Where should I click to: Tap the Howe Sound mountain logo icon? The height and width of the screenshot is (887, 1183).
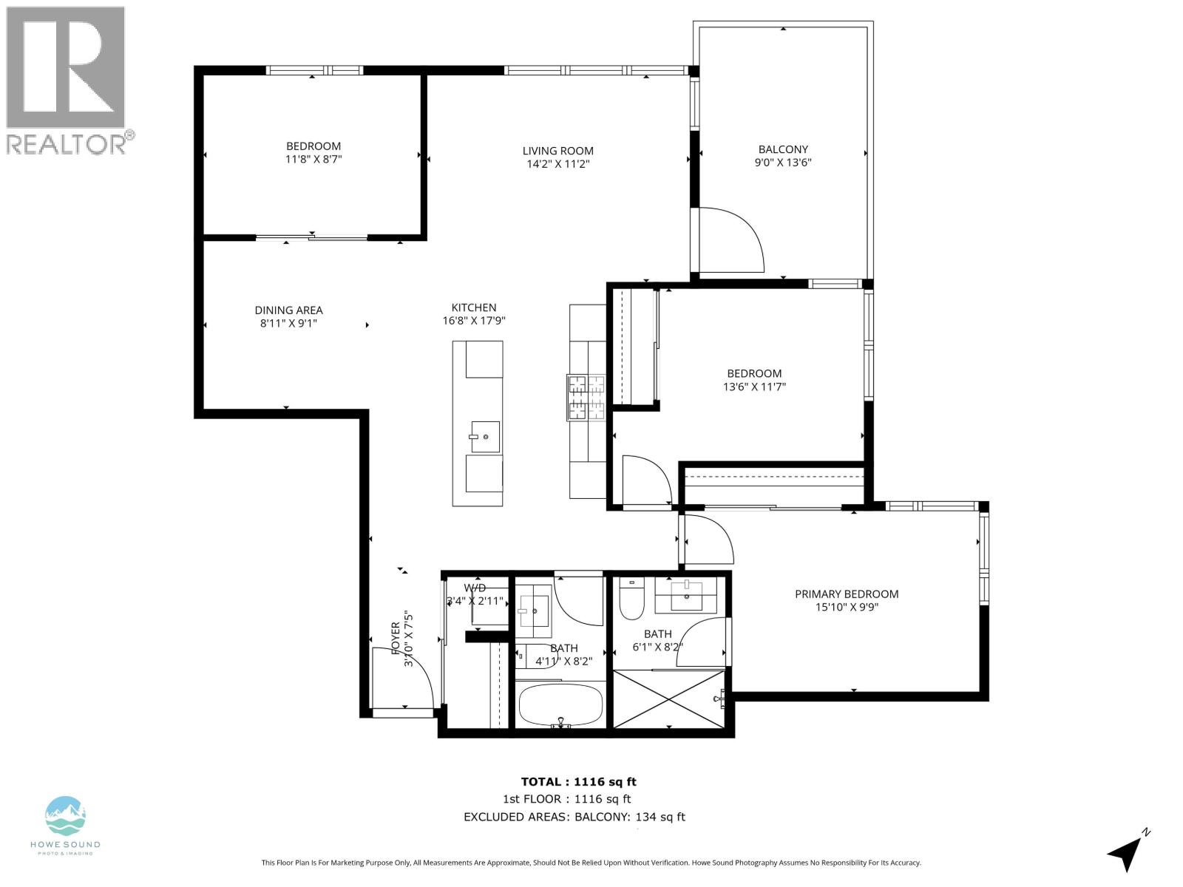(x=66, y=815)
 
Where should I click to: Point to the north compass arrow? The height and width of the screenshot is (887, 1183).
(x=1127, y=852)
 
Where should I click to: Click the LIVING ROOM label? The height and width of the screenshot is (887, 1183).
(x=557, y=151)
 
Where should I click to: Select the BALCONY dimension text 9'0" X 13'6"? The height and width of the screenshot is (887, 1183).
(x=783, y=163)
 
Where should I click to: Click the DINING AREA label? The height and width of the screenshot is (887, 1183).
(x=288, y=310)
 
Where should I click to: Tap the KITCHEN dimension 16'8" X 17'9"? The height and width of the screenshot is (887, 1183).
(x=474, y=321)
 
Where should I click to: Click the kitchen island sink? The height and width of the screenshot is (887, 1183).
(x=485, y=437)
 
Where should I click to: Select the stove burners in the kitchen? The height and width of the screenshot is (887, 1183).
(x=586, y=397)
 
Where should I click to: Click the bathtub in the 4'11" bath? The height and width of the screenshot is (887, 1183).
(x=560, y=705)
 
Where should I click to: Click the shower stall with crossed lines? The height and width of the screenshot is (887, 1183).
(x=669, y=699)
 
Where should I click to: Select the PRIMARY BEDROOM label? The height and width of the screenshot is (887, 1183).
(x=847, y=594)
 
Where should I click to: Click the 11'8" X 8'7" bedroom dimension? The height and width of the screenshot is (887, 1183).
(x=313, y=159)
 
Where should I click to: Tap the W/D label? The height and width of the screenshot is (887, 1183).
(x=475, y=588)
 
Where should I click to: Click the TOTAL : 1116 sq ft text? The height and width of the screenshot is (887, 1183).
(x=578, y=781)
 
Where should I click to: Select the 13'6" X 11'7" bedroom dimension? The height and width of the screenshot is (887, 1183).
(x=753, y=387)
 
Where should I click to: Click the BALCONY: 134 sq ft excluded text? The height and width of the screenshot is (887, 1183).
(x=630, y=817)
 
